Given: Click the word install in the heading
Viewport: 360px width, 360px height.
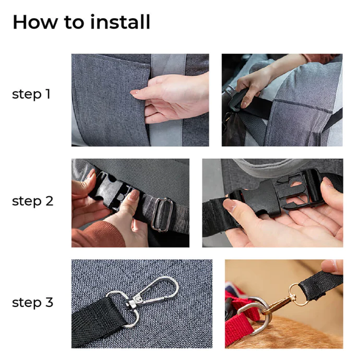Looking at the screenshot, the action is (x=120, y=22).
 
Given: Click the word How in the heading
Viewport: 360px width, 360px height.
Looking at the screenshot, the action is (x=35, y=22).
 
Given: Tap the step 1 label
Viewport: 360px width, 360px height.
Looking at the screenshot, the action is (x=31, y=94).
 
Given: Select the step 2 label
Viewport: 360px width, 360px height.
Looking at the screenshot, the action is (x=32, y=201).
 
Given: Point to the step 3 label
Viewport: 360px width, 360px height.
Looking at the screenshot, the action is (x=32, y=302).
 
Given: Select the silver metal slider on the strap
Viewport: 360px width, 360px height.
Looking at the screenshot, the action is (x=162, y=215).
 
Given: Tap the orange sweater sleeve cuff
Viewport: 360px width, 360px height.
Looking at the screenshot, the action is (x=99, y=234).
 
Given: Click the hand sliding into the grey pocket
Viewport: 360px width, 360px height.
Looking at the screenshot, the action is (x=170, y=99).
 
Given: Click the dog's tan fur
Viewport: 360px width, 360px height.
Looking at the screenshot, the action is (x=298, y=333).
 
